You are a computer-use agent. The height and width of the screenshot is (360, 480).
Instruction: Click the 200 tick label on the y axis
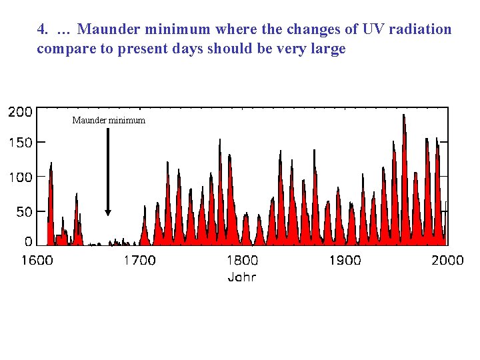point(20,112)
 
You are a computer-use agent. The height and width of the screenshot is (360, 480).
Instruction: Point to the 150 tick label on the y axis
point(20,143)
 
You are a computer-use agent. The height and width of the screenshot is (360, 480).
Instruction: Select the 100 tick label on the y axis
point(20,177)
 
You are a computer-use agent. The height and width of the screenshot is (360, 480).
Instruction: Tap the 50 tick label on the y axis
point(24,212)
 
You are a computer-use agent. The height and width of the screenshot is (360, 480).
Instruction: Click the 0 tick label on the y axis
point(28,241)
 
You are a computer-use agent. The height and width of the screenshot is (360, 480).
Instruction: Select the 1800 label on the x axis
point(242,261)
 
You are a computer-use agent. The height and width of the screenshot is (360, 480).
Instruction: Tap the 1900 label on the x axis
point(345,261)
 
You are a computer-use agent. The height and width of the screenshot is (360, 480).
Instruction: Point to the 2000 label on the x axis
point(447,261)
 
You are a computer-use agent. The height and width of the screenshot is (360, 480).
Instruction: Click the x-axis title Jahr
point(241,277)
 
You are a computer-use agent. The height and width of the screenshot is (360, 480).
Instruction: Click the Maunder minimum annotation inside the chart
point(109,121)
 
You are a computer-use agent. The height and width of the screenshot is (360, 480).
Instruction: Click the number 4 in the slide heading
point(42,30)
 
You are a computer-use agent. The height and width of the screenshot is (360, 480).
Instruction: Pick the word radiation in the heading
point(421,30)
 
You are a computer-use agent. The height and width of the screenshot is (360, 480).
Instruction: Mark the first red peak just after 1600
point(51,167)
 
